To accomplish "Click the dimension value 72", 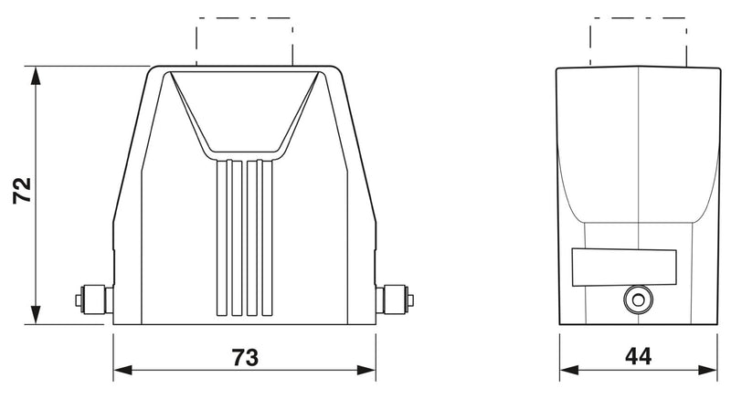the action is [x=22, y=191].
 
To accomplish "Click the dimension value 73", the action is [x=245, y=358].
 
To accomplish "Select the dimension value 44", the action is [x=638, y=357].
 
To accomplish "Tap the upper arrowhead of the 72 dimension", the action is [x=35, y=76].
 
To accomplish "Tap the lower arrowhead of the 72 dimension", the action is [x=35, y=315].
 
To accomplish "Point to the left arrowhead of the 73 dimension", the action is [x=122, y=370].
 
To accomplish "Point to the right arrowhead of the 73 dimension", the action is [x=366, y=370].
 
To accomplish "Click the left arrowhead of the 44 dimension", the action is [x=568, y=370].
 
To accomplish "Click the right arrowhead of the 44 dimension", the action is [x=707, y=370].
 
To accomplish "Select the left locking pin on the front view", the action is [x=94, y=300].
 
